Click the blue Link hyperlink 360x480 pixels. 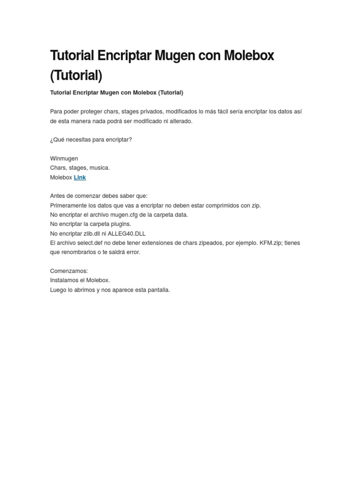pos(80,178)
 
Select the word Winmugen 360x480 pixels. pos(64,158)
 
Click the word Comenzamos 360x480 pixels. pos(68,271)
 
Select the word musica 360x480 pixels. pos(99,168)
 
